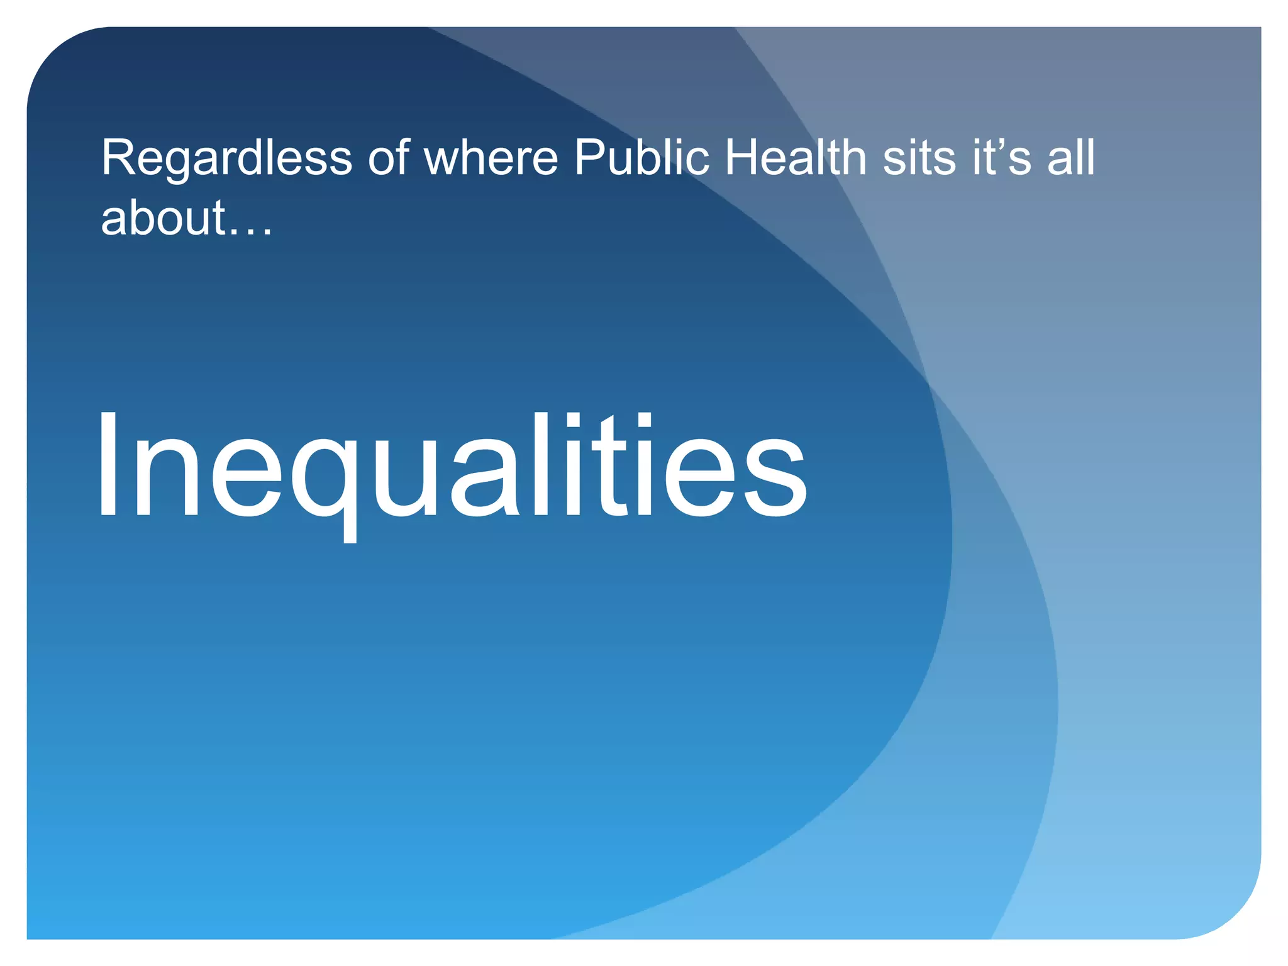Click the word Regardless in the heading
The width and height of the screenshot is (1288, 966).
pos(226,158)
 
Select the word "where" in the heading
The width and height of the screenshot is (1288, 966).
pos(491,158)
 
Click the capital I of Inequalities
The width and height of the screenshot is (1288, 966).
pos(108,465)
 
